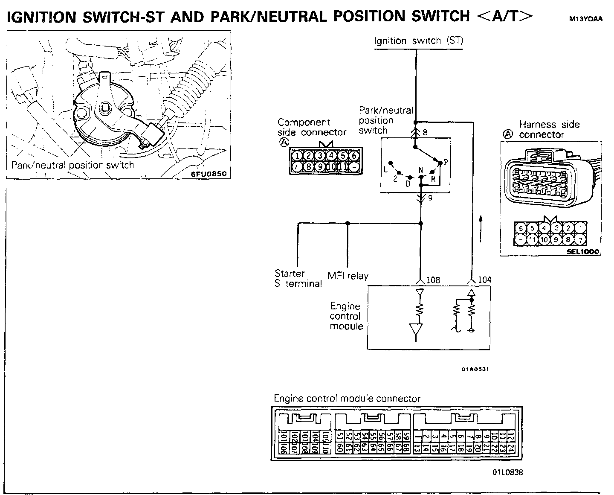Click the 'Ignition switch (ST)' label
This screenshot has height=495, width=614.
tap(418, 41)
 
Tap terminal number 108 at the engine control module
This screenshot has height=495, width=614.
tap(433, 280)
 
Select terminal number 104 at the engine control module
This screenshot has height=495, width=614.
tap(484, 280)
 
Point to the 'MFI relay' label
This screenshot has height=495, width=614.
tap(348, 276)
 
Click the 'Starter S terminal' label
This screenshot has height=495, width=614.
tap(298, 278)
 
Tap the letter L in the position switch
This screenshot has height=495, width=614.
tap(385, 169)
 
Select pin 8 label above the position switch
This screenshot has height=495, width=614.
tap(425, 132)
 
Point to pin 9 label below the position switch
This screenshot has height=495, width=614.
tap(430, 198)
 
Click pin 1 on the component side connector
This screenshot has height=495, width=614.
tap(298, 155)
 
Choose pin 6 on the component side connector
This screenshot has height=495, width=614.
tap(354, 155)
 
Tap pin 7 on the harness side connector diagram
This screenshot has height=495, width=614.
tap(580, 240)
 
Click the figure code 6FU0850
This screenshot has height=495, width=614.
tap(209, 174)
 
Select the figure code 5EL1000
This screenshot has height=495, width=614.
tap(583, 252)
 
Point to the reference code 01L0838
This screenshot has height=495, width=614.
tap(507, 472)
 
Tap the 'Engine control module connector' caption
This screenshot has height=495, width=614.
tap(347, 399)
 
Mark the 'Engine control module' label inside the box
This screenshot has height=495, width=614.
tap(346, 316)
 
